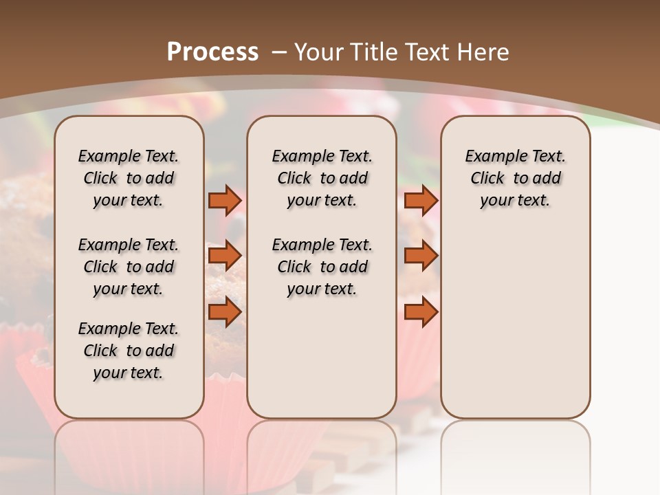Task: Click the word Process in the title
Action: coord(212,52)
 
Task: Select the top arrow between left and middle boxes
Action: coord(225,200)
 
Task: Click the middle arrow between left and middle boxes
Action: coord(225,256)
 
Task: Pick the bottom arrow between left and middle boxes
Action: coord(225,312)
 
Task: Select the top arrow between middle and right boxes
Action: coord(421,200)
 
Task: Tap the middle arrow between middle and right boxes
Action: coord(421,256)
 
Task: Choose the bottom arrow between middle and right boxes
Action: coord(421,312)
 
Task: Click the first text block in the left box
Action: coord(129,178)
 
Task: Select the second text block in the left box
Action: coord(129,267)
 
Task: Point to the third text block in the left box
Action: coord(129,351)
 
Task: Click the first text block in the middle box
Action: coord(322,178)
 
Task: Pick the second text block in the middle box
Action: coord(322,267)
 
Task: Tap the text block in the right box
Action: coord(515,178)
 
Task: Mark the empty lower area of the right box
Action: coord(515,323)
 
